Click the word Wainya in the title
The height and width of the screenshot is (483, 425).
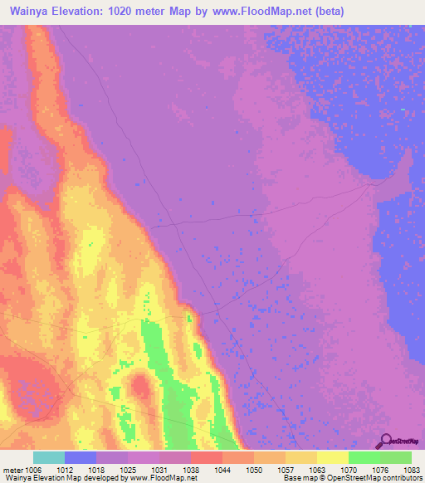coord(32,12)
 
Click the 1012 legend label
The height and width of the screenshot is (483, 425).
coord(65,469)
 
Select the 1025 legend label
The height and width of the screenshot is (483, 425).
coord(128,469)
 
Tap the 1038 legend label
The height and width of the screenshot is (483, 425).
coord(191,469)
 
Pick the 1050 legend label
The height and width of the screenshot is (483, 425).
coord(254,469)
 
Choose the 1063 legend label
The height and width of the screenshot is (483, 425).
coord(317,469)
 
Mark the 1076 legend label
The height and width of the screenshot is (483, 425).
coord(380,469)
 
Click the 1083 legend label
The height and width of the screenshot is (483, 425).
coord(411,469)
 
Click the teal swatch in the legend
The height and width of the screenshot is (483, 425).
coord(49,457)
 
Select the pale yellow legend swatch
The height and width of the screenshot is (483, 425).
coord(333,457)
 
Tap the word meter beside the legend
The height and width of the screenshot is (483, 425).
coord(10,469)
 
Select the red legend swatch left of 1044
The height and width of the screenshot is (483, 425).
coord(207,457)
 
